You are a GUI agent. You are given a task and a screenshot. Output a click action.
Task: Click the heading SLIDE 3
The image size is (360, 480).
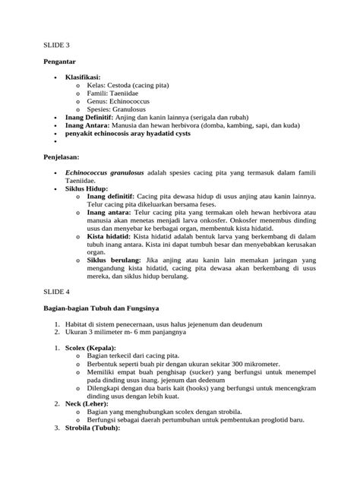click(x=54, y=46)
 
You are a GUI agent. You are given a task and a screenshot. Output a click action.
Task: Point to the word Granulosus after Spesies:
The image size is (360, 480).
click(x=139, y=110)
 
